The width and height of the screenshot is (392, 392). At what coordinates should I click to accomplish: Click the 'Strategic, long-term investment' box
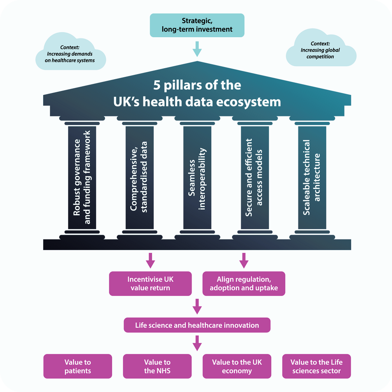pos(197,25)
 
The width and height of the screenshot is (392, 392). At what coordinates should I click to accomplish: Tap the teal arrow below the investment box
pos(197,49)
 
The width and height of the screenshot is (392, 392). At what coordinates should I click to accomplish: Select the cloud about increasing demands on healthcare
pos(71,52)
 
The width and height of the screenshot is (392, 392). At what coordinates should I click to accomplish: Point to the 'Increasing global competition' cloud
pos(321,48)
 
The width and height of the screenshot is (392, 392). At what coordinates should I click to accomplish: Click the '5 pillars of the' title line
pos(197,85)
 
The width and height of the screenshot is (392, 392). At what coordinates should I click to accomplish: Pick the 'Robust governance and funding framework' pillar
pos(82,178)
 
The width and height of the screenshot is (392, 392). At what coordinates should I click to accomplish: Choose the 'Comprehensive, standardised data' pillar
pos(140,178)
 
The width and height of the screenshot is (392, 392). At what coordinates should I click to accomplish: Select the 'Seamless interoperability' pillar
pos(197,178)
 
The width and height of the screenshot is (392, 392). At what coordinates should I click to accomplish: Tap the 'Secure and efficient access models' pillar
pos(255,178)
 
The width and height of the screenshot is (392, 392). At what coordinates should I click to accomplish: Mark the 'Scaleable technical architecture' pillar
pos(312,178)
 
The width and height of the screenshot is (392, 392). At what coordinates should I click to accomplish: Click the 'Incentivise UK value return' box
pos(150,283)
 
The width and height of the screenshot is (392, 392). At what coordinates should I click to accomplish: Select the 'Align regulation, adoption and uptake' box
pos(244,283)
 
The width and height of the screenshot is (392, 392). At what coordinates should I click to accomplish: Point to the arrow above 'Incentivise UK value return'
pos(150,261)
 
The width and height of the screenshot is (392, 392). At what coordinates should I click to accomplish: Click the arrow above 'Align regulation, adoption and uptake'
pos(244,261)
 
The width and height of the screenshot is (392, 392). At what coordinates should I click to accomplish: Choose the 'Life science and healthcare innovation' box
pos(197,325)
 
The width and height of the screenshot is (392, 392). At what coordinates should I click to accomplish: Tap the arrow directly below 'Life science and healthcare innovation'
pos(197,343)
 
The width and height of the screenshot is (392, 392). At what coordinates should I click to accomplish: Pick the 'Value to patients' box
pos(78,366)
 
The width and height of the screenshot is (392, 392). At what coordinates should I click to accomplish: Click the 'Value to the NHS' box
pos(157,366)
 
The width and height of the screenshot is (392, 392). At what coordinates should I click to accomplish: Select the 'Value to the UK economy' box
pos(237,366)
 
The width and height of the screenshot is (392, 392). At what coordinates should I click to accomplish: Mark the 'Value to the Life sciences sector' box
pos(316,366)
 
